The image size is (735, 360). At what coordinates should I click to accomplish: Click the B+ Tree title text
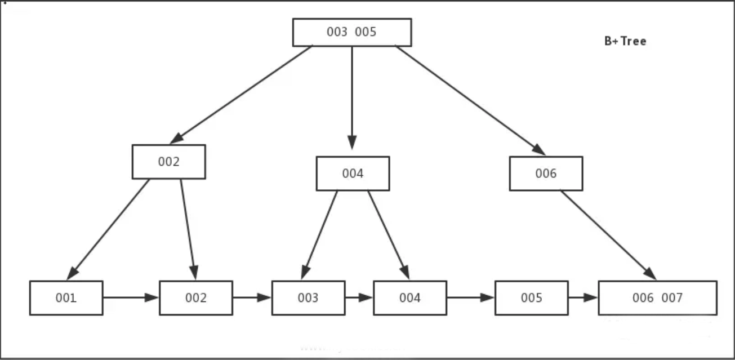click(625, 41)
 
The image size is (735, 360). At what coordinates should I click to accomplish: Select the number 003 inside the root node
click(337, 32)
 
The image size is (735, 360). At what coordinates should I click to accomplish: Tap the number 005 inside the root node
click(366, 32)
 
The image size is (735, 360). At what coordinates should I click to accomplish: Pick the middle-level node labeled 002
click(168, 162)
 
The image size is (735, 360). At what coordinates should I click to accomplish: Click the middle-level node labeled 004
click(353, 174)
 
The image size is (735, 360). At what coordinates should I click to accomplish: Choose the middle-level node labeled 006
click(546, 174)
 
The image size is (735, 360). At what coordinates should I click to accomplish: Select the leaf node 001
click(66, 298)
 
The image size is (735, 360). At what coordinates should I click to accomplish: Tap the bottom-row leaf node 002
click(196, 298)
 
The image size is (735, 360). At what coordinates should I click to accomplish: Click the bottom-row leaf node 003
click(308, 298)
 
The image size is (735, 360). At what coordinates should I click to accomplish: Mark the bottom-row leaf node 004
click(410, 298)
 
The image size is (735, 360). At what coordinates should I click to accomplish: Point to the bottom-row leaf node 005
click(531, 298)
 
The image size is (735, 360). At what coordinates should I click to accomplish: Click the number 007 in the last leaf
click(672, 298)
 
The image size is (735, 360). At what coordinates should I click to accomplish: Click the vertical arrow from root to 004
click(352, 96)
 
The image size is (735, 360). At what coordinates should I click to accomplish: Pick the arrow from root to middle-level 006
click(470, 100)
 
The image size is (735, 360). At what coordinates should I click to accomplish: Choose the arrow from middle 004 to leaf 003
click(320, 234)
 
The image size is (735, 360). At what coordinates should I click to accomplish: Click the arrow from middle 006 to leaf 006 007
click(608, 234)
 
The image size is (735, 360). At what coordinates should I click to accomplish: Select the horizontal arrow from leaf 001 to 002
click(131, 297)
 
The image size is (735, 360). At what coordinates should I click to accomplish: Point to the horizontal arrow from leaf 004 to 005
click(470, 297)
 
